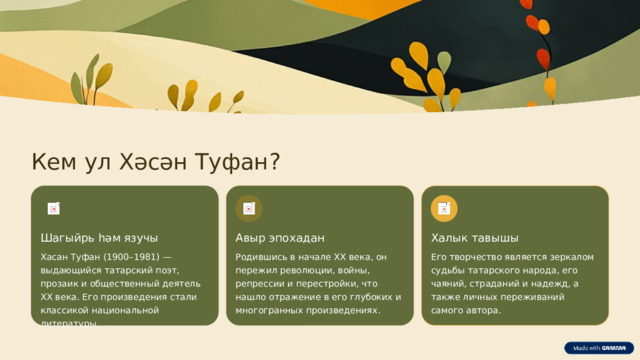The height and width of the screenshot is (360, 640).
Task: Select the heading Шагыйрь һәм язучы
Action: [99, 237]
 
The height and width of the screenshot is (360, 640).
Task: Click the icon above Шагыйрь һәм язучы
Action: [53, 208]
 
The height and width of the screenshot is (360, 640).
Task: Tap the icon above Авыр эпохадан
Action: [248, 208]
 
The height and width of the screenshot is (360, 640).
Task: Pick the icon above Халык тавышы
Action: [444, 208]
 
